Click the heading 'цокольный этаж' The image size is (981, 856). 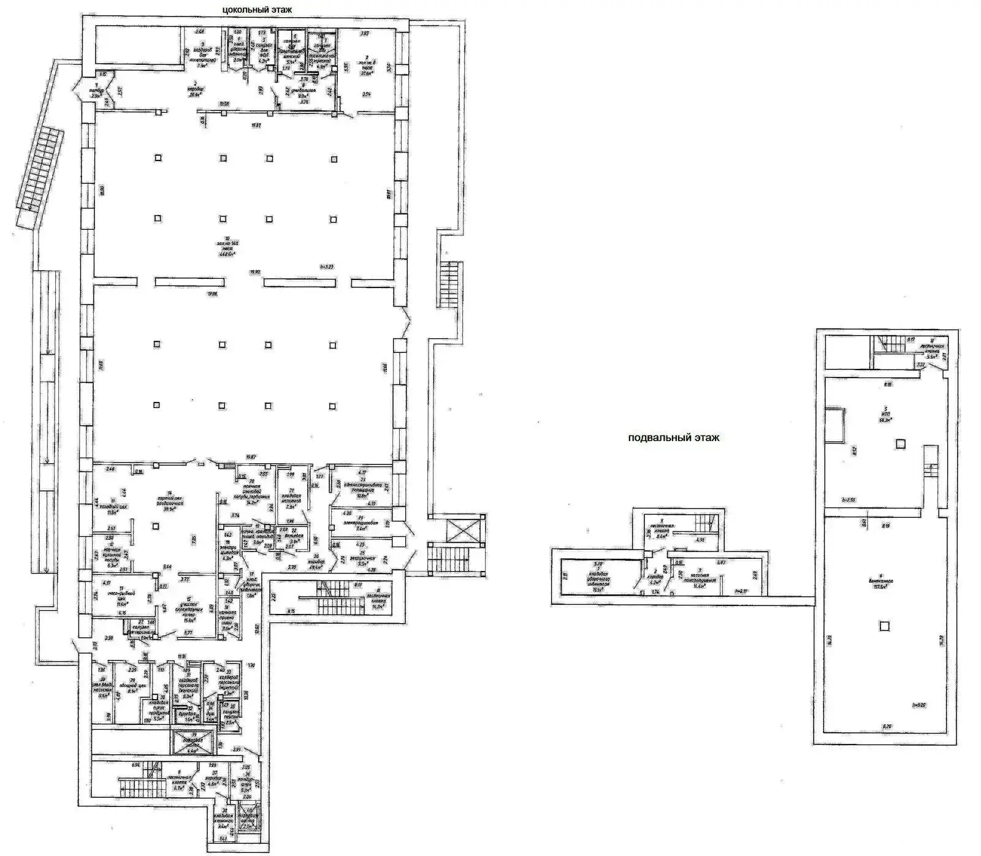[x=257, y=9]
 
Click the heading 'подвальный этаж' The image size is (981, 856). [x=673, y=437]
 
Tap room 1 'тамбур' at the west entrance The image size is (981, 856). [x=95, y=93]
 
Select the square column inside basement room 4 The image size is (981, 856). [x=884, y=626]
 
